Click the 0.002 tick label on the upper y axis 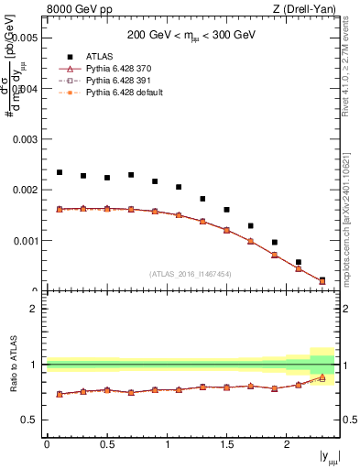pyautogui.click(x=24, y=191)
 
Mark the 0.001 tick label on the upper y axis pyautogui.click(x=24, y=241)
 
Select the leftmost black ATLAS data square pyautogui.click(x=60, y=172)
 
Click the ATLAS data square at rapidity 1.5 pyautogui.click(x=226, y=210)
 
